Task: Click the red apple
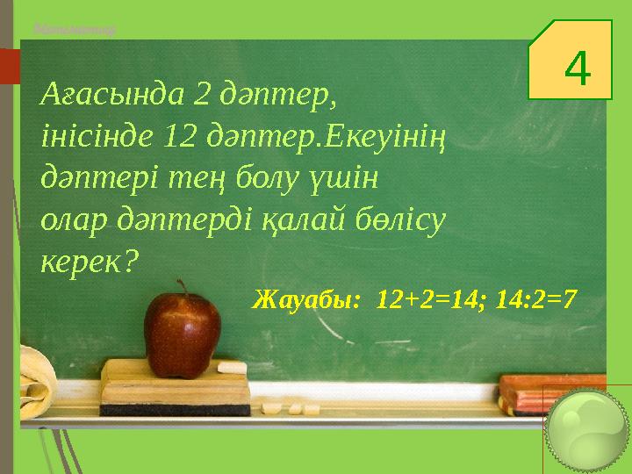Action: (182, 334)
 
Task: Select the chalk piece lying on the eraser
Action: (233, 366)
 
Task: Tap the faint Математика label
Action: (74, 29)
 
